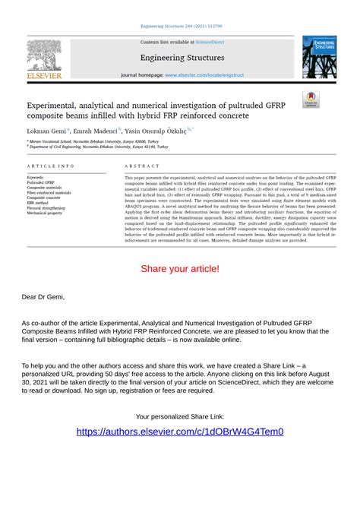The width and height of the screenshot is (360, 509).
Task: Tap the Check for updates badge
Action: pos(311,100)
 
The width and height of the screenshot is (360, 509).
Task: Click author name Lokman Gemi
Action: pos(45,131)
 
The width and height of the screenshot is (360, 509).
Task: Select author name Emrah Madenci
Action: pos(95,131)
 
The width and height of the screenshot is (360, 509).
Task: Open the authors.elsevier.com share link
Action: pos(180,432)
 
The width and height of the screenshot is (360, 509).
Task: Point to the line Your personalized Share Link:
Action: pos(180,417)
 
